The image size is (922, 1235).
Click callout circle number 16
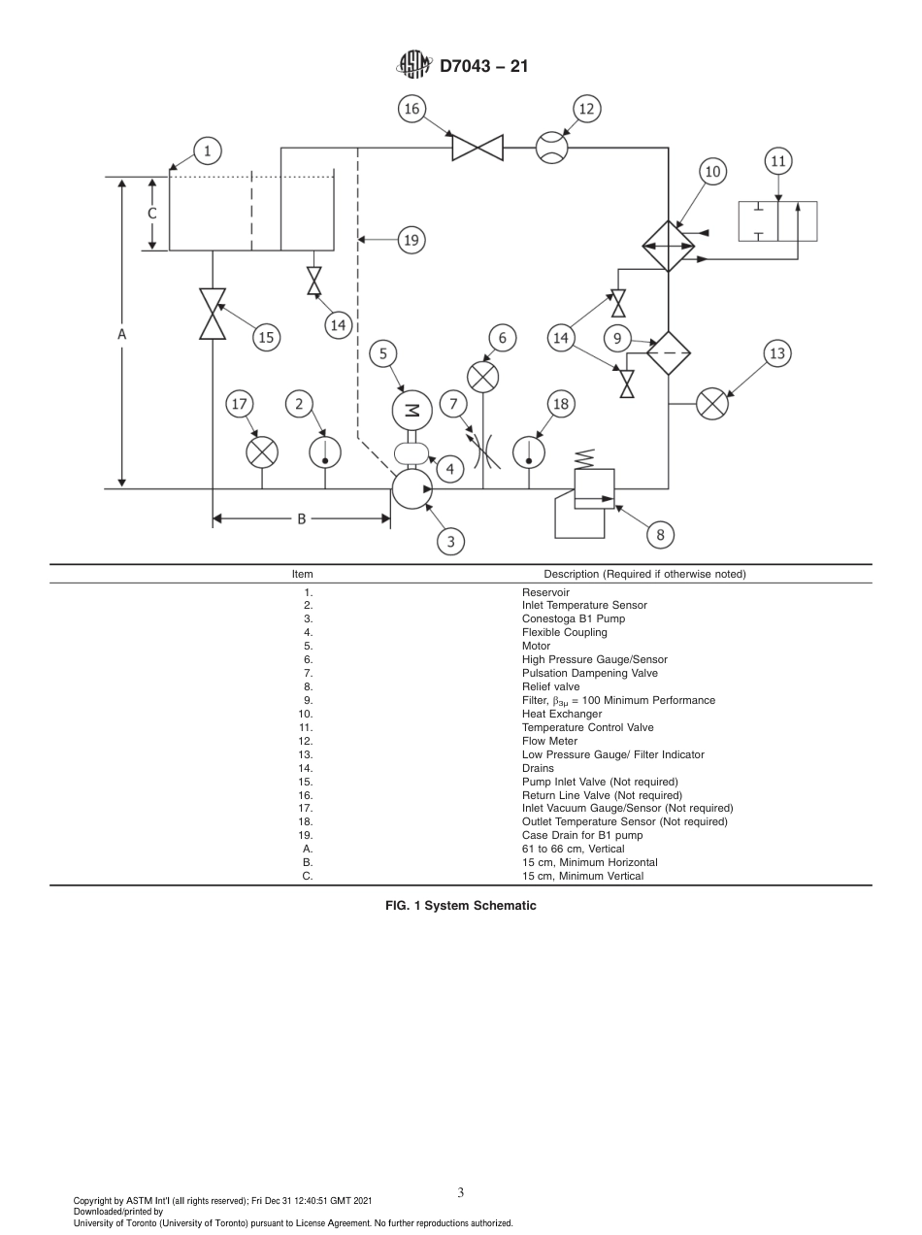(x=412, y=109)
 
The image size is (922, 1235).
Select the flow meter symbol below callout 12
(x=552, y=148)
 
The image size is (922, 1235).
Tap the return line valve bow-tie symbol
(x=477, y=148)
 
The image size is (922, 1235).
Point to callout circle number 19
(x=412, y=239)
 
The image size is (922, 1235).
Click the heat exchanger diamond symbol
(x=669, y=246)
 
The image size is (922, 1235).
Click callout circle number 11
(x=778, y=161)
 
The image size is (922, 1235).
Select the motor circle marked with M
(x=412, y=411)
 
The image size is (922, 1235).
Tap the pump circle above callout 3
(x=412, y=488)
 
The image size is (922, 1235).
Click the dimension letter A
(x=122, y=333)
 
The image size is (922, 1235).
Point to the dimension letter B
(x=301, y=519)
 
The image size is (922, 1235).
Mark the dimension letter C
(x=151, y=213)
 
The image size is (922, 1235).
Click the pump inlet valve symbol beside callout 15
(x=213, y=314)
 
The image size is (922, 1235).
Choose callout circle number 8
(x=660, y=533)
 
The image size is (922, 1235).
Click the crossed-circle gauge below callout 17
(x=261, y=451)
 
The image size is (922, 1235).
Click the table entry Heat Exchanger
(x=561, y=714)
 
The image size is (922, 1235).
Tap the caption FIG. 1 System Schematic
(x=460, y=906)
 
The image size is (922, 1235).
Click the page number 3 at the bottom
(x=460, y=1193)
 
